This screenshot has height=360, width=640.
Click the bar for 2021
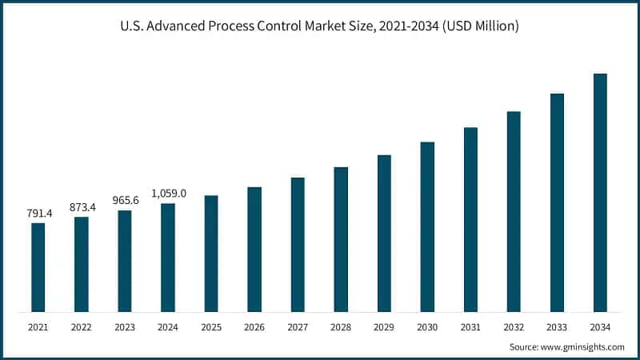pos(38,267)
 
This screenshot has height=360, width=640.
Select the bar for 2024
pos(168,258)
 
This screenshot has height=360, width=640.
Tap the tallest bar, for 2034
pos(600,193)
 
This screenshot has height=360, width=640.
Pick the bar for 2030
pos(427,227)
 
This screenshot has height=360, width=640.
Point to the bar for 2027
pos(298,245)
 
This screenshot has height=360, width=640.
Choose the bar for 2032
pos(514,211)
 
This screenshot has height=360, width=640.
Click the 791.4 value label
pos(38,214)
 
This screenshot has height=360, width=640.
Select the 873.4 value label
pos(82,207)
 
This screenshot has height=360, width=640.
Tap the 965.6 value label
pos(125,200)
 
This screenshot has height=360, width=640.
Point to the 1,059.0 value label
pos(168,193)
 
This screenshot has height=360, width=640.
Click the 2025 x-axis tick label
pos(211,327)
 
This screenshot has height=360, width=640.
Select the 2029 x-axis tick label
pos(384,327)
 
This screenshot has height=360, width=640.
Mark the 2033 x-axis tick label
pos(557,327)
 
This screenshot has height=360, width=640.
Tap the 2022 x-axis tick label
pos(82,327)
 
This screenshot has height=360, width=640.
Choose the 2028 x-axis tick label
pos(341,327)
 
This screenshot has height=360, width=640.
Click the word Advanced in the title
pos(194,27)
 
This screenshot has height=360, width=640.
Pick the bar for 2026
pos(254,250)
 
